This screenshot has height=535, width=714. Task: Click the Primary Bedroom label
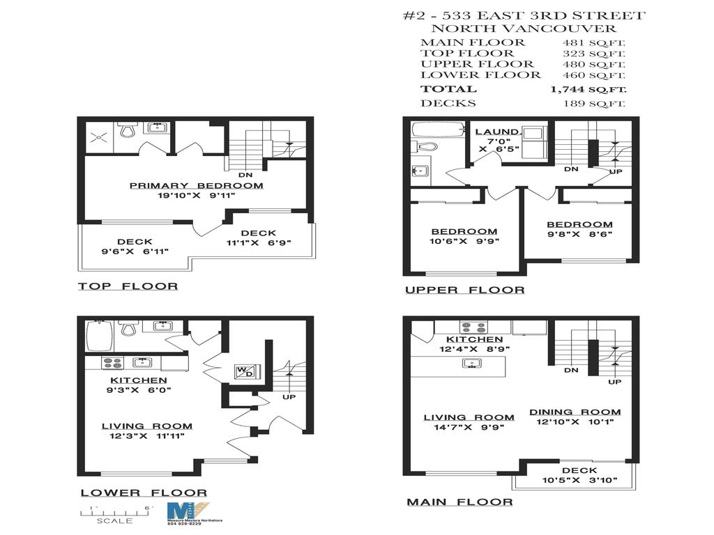click(x=196, y=185)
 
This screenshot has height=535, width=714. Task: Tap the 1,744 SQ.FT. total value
click(x=588, y=89)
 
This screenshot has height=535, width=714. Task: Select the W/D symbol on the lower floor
click(x=245, y=372)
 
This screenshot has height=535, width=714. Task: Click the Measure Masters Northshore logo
click(x=188, y=514)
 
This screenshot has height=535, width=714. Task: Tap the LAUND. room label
click(x=497, y=132)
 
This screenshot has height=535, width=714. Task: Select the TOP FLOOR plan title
click(x=128, y=286)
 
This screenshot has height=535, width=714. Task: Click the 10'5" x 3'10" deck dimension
click(x=579, y=481)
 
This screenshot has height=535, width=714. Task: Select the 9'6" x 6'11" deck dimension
click(x=135, y=251)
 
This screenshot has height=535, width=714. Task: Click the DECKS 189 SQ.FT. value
click(x=594, y=104)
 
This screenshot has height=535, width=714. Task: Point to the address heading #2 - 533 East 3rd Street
click(x=524, y=16)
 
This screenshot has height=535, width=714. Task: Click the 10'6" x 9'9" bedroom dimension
click(x=464, y=242)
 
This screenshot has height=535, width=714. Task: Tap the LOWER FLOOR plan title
click(x=144, y=493)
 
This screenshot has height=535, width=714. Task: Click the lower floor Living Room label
click(x=147, y=426)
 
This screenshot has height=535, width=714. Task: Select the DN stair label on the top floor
click(x=245, y=175)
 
